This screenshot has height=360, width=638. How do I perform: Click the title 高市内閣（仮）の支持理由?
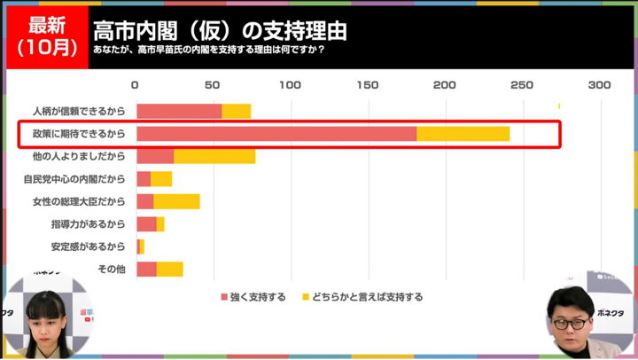219,30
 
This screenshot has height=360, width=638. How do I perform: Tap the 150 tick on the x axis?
368,85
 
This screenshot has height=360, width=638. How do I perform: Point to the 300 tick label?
600,85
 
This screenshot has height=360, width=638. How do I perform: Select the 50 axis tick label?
213,85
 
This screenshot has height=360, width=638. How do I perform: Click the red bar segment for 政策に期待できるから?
276,134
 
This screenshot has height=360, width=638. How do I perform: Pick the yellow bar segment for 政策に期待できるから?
463,134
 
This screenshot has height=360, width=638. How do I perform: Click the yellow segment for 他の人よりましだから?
214,156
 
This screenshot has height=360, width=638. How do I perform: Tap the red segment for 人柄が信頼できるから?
179,111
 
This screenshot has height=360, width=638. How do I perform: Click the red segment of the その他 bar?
146,269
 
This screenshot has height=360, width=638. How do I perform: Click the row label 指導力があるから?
88,223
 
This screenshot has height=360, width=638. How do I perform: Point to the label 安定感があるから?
88,246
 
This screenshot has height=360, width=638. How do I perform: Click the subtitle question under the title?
208,50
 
